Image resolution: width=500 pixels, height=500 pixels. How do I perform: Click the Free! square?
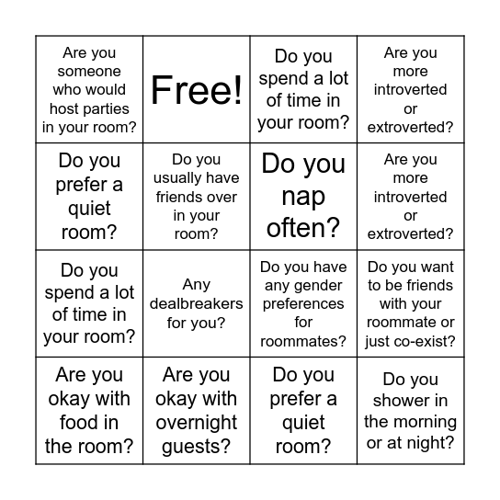(197, 90)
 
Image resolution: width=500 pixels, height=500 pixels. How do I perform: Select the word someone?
(89, 71)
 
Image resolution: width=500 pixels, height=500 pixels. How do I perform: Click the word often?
(303, 226)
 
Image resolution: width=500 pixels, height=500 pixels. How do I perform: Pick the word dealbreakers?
(197, 303)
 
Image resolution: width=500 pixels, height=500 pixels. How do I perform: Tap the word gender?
(303, 286)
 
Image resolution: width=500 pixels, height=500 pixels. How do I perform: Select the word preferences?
(303, 304)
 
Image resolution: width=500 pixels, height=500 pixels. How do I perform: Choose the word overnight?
(197, 423)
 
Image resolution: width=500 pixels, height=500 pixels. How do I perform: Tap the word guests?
(197, 447)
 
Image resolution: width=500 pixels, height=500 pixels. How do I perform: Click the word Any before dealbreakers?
(197, 285)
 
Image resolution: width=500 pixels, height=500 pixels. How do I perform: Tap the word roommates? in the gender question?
(303, 341)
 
